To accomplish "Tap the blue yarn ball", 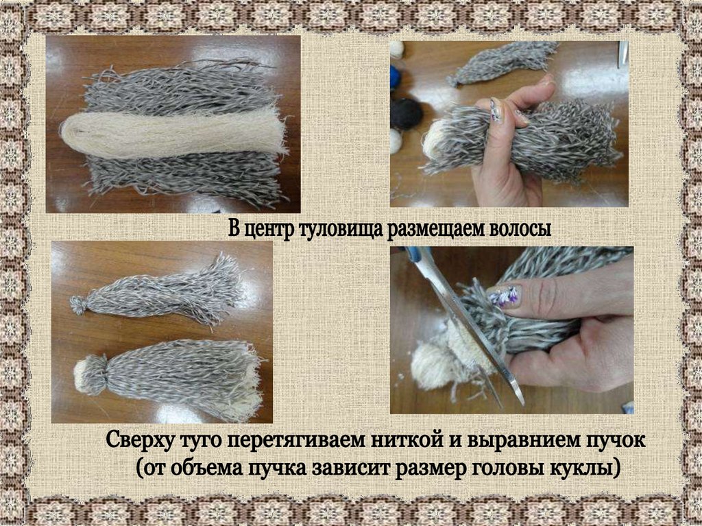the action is pos(396,77).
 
